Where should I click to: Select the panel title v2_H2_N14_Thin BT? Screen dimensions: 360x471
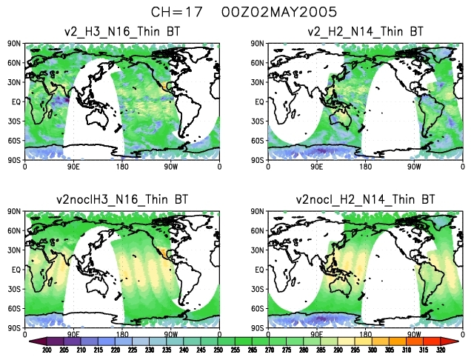[365, 31]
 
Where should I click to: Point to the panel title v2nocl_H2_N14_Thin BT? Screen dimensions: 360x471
[365, 199]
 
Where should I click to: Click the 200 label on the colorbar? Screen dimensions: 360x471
[45, 350]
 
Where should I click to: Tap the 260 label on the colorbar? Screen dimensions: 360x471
[244, 350]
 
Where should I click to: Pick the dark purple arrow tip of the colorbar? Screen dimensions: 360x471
[33, 341]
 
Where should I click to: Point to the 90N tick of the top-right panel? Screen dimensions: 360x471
[257, 44]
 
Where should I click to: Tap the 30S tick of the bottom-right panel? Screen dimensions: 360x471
[257, 289]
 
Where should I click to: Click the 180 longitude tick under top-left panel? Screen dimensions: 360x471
[122, 167]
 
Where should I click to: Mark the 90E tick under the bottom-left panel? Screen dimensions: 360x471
[74, 335]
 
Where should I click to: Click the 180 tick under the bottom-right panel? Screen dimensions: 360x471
[365, 335]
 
